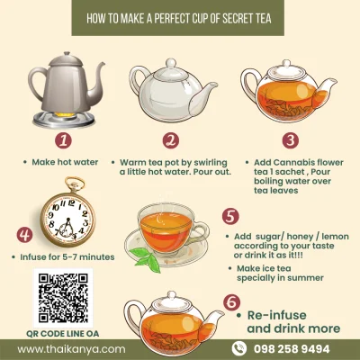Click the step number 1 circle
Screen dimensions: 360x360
(x=62, y=139)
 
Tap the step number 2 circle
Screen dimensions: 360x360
(x=171, y=139)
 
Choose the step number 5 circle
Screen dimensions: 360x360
(x=229, y=217)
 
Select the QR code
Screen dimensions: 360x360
(x=62, y=296)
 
